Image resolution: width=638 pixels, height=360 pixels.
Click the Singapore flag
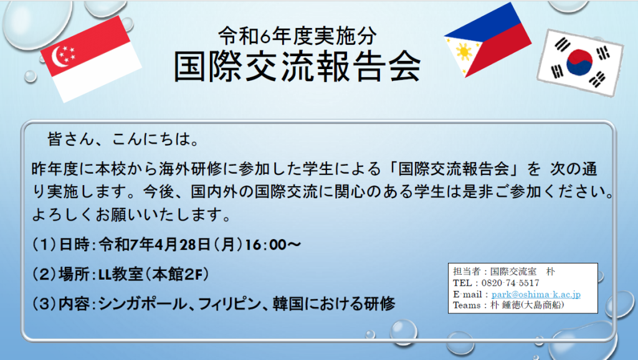91,59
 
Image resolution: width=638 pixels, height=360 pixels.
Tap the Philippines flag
487,40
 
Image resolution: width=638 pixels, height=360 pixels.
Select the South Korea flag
580,63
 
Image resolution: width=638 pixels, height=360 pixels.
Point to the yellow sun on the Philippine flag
464,52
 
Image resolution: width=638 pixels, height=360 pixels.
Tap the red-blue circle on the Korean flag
579,62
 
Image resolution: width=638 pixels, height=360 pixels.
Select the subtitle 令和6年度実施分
297,36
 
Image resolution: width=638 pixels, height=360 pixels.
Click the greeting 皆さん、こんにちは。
123,139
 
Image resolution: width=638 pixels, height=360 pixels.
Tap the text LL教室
121,275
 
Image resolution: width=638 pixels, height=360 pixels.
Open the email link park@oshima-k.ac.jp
536,294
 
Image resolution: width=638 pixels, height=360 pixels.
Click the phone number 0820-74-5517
510,283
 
